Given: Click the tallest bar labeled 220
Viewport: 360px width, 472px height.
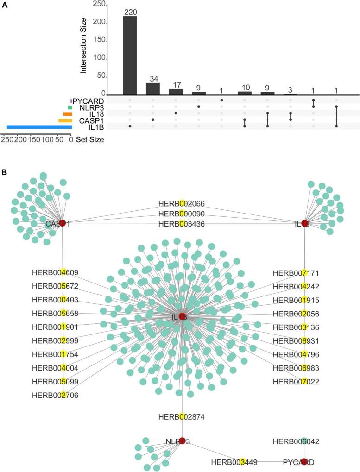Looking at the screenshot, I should click(x=130, y=55).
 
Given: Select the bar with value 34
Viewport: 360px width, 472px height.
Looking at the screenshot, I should click(x=152, y=88).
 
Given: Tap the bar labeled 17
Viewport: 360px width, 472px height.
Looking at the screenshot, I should click(x=176, y=91).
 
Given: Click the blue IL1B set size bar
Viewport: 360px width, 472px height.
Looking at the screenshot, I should click(x=39, y=127).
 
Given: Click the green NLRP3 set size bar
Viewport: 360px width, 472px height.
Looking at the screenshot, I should click(x=70, y=107).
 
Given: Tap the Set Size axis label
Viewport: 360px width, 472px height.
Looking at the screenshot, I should click(x=90, y=139).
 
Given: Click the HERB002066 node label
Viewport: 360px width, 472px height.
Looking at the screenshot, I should click(x=182, y=204).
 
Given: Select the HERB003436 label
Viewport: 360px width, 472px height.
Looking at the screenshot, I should click(x=182, y=224).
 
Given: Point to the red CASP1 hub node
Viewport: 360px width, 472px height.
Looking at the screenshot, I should click(x=63, y=223).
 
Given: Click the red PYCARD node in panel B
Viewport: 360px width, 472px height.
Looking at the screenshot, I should click(x=304, y=461).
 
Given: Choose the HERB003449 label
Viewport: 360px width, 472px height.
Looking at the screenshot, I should click(x=234, y=462).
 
